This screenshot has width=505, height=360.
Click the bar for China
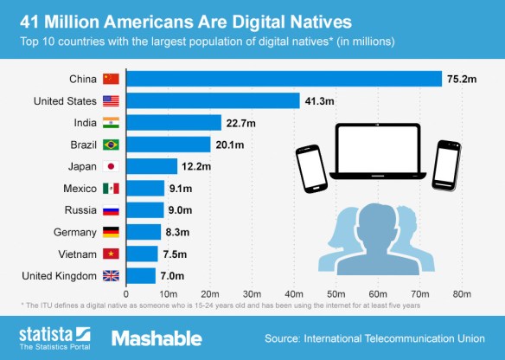pos(284,79)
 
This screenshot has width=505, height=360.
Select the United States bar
pos(213,100)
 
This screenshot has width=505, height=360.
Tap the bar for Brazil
pos(169,145)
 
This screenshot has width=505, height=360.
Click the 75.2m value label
pos(463,79)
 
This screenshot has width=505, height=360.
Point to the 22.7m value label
pos(242,123)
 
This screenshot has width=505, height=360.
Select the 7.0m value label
pos(176,276)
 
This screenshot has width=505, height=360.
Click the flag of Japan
pos(111,166)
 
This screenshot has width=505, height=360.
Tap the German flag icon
pos(111,232)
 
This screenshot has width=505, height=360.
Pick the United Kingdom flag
pos(111,276)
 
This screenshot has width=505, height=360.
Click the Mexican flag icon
pos(111,188)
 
